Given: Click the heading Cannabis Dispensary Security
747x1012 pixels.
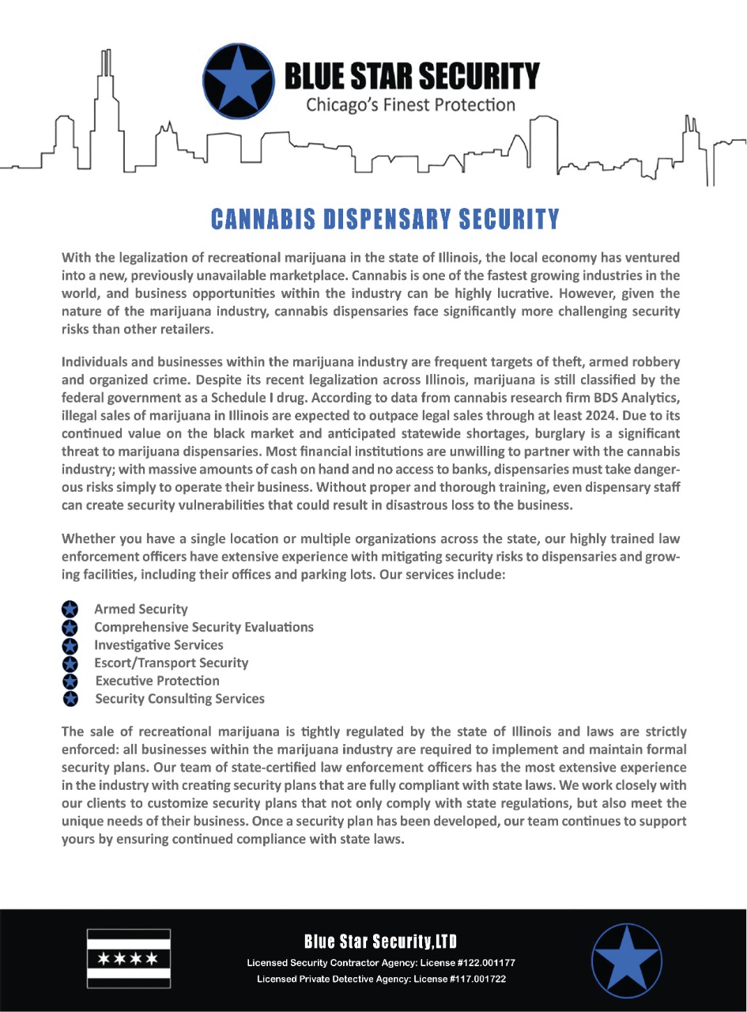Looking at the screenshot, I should tap(385, 219).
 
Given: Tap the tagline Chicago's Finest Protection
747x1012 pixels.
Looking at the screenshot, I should tap(410, 104).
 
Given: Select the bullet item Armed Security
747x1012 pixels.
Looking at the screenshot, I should tap(141, 609).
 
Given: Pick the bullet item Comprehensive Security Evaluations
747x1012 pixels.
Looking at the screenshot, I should tap(204, 627).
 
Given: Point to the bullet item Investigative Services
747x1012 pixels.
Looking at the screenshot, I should tap(158, 645).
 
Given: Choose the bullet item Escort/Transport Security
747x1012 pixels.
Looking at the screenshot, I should tap(171, 663).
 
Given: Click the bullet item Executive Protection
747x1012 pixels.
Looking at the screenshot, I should tap(157, 681).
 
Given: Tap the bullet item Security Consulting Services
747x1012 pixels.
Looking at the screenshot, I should tap(179, 699).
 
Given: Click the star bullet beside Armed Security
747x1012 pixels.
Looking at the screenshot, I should tap(70, 609).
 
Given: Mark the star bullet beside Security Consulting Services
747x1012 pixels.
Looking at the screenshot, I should tap(70, 699).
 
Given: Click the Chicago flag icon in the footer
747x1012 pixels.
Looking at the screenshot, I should tap(128, 958).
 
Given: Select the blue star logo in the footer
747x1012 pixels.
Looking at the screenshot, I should tap(627, 960).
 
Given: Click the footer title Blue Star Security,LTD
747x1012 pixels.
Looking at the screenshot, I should tap(381, 942).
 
